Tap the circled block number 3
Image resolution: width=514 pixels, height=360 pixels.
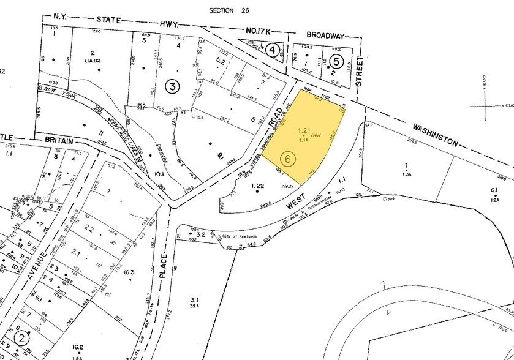tap(173, 87)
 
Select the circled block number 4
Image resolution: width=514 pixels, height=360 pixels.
tap(273, 50)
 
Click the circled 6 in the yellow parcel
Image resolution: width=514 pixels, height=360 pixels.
tap(290, 157)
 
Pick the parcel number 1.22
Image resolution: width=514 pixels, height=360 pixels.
tap(258, 185)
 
